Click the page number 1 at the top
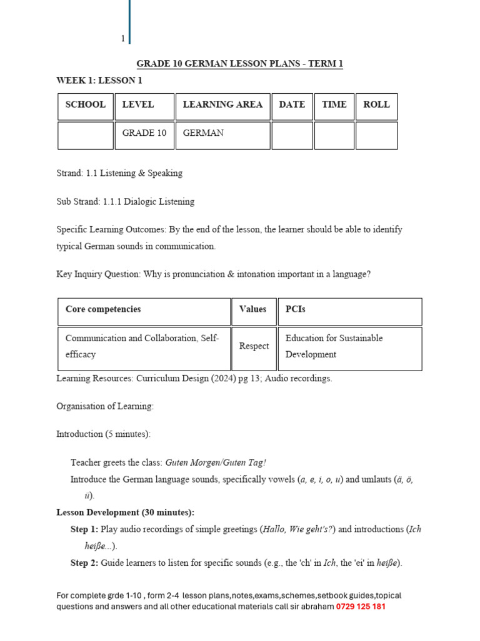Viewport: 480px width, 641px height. [x=123, y=39]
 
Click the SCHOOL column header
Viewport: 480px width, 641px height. [x=86, y=105]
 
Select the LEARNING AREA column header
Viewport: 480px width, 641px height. [x=222, y=105]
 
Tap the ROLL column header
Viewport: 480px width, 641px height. [x=376, y=105]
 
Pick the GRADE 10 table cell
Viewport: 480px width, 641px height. [x=144, y=133]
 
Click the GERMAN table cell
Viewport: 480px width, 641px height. [x=203, y=133]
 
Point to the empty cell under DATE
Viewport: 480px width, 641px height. [x=292, y=135]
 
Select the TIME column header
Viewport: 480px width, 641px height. [x=334, y=105]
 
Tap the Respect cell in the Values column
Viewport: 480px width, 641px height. [x=254, y=346]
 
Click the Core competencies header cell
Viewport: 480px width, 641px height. [x=103, y=309]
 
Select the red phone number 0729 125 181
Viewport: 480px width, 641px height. [x=361, y=607]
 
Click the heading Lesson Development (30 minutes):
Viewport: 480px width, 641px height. [x=125, y=512]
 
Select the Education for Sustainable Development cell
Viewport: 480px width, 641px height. [x=334, y=346]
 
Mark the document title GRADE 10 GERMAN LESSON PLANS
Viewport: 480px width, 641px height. [x=240, y=64]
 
